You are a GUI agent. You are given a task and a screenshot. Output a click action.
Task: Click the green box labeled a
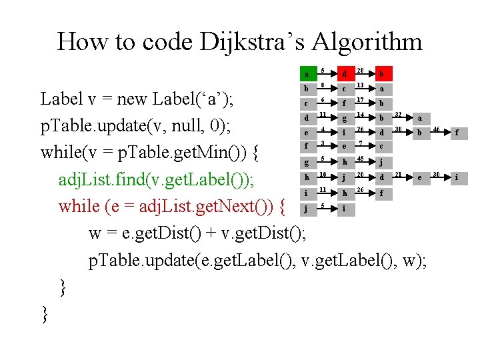point(307,73)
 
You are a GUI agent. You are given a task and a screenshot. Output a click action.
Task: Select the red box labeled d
point(345,73)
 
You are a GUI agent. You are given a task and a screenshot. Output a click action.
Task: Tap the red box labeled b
point(383,73)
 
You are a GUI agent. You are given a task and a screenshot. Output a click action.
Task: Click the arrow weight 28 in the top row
point(360,70)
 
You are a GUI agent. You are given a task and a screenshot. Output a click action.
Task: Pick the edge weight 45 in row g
point(360,158)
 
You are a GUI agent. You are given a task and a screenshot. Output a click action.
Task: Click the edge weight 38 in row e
point(398,129)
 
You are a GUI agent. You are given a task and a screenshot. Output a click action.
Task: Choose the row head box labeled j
point(307,208)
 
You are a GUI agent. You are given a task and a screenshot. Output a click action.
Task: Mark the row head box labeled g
point(307,162)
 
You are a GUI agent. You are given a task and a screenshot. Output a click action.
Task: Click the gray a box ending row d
point(420,118)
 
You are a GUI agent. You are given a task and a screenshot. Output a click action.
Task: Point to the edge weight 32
point(398,114)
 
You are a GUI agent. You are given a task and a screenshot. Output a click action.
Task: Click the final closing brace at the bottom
point(45,313)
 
